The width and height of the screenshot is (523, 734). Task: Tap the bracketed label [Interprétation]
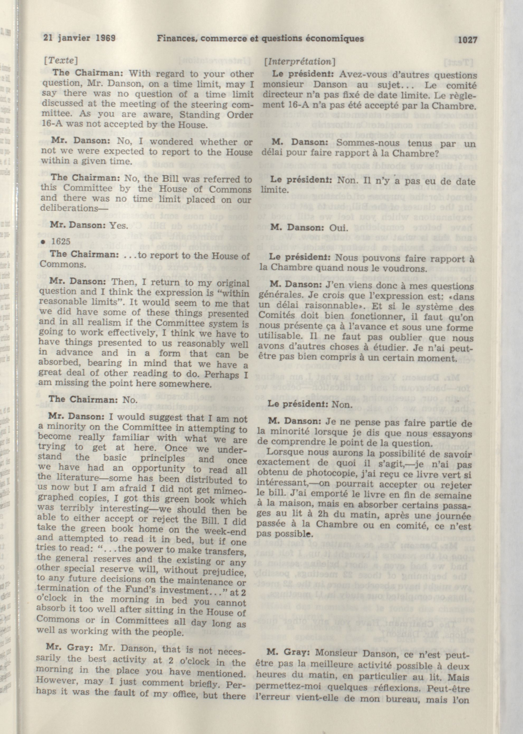click(299, 61)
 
